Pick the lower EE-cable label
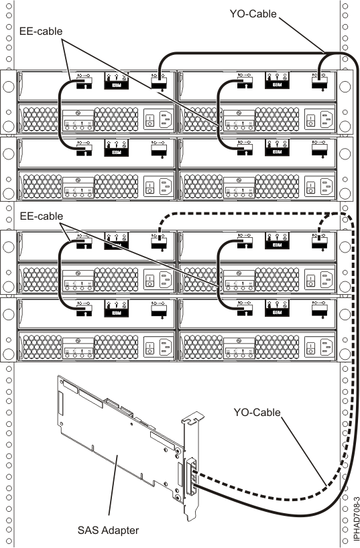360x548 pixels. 40,217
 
